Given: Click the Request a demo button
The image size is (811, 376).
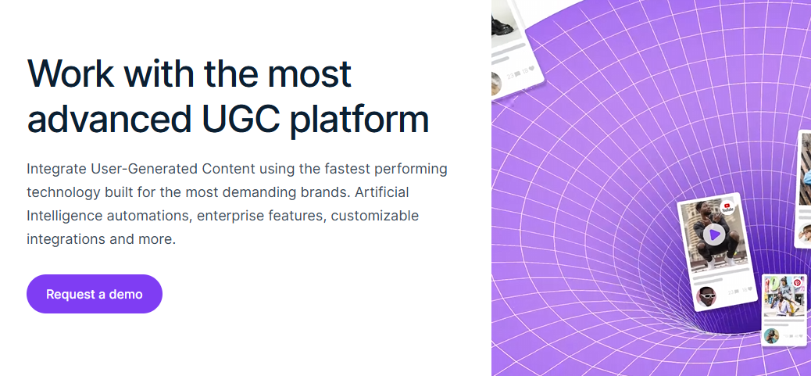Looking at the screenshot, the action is pos(94,294).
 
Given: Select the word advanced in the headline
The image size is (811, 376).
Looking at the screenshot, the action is pos(109,119).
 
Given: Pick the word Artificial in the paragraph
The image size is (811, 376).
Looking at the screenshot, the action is pos(382,192).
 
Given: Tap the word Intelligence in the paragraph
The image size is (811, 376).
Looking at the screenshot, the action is pos(65,217).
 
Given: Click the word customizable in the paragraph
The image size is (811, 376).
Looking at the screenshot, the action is pos(375,216).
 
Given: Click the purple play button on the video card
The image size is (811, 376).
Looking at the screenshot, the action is pos(714,235).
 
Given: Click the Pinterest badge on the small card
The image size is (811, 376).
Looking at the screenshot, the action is pos(797,284).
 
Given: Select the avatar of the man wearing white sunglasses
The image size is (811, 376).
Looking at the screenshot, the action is pos(706,297).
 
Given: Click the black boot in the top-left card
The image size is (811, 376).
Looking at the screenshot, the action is pos(502,23).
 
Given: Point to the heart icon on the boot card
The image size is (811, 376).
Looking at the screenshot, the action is pos(532,70).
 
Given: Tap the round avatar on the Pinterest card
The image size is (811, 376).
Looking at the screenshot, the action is pos(771,336).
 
